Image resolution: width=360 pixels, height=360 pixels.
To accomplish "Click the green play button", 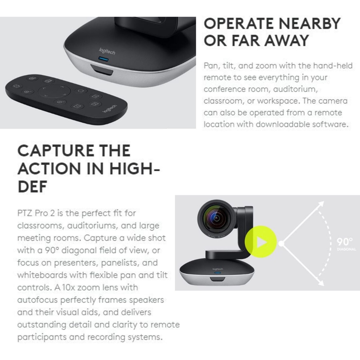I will tap(261, 242).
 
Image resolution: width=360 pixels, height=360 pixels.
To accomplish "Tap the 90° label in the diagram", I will tap(345, 242).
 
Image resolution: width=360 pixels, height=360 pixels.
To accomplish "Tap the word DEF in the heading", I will tap(32, 187).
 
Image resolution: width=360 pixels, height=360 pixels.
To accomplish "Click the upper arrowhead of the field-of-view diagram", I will tap(321, 203).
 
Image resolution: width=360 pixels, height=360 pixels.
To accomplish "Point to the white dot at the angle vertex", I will tap(281, 243).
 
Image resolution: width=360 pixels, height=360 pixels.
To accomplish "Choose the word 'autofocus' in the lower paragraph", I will tap(38, 300).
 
